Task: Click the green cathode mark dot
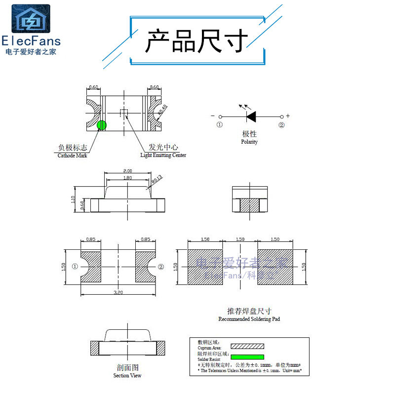[101, 125]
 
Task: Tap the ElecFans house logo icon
[31, 19]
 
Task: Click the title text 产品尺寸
[197, 40]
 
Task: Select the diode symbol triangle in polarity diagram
[251, 116]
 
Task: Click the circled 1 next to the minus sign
[220, 125]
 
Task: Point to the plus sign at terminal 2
[288, 116]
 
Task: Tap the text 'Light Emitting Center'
[163, 155]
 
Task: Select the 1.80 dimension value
[127, 178]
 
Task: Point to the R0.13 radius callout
[157, 181]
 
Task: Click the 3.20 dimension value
[118, 292]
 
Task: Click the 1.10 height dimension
[73, 200]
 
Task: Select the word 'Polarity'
[249, 142]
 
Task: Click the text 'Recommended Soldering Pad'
[249, 319]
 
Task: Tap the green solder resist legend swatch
[247, 356]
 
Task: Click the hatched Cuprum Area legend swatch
[247, 346]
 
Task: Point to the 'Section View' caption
[127, 375]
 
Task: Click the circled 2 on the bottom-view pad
[161, 267]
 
